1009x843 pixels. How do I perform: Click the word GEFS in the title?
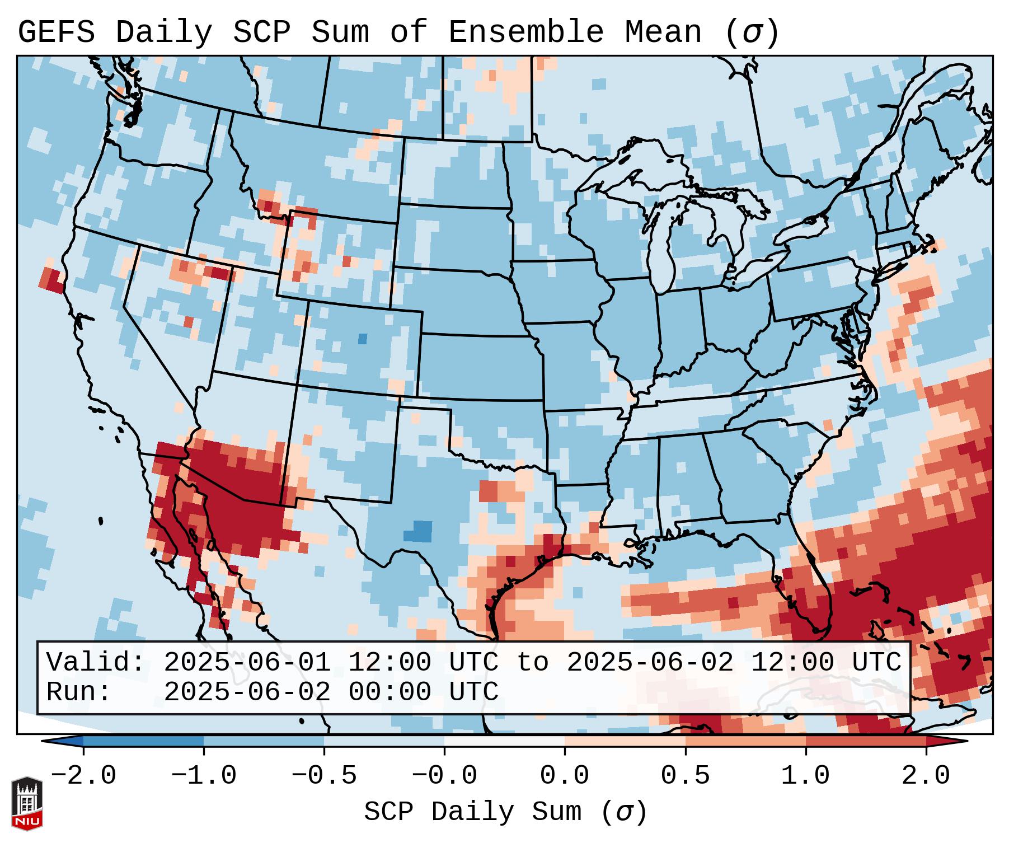click(x=56, y=32)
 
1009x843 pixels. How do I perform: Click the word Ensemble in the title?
click(x=526, y=32)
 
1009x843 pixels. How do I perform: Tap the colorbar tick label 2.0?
click(x=926, y=776)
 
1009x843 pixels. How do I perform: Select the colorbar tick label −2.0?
click(x=83, y=776)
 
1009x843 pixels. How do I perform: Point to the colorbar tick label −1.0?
click(x=203, y=776)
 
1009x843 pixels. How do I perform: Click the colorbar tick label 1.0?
click(x=805, y=776)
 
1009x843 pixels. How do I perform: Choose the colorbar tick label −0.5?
click(x=324, y=776)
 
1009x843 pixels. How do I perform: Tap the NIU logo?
click(x=27, y=803)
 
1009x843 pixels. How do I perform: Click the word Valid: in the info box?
click(x=96, y=663)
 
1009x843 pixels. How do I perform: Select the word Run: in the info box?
click(x=79, y=692)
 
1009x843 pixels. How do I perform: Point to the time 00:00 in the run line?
click(x=389, y=692)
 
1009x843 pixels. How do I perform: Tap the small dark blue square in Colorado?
click(x=363, y=339)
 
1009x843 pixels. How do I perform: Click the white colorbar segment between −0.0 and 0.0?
click(x=504, y=741)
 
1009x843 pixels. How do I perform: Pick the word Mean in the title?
click(x=663, y=32)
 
